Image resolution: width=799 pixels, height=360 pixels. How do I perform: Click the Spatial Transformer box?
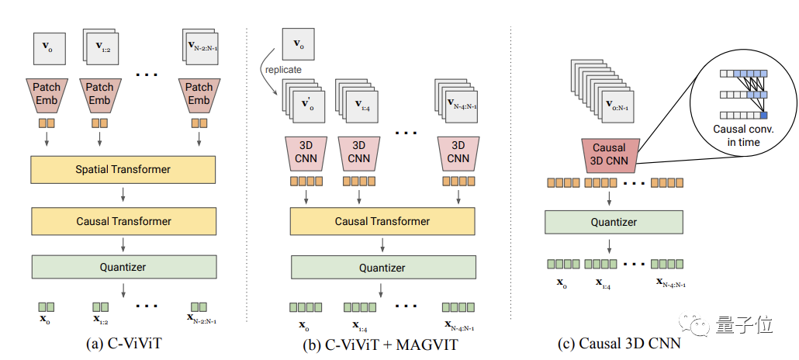123,169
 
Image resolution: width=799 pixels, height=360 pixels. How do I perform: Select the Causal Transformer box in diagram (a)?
123,221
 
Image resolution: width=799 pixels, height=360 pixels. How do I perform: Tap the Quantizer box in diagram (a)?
123,267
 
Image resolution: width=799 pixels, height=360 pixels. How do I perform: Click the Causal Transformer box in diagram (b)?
382,221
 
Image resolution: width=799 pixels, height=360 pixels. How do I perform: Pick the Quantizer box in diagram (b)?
382,268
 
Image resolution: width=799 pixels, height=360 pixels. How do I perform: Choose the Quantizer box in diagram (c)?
614,222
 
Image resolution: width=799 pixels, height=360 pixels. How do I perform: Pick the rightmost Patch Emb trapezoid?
199,94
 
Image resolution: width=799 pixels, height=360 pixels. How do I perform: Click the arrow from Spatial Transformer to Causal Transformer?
123,195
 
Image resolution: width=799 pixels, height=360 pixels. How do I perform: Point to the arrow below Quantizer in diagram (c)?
614,246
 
